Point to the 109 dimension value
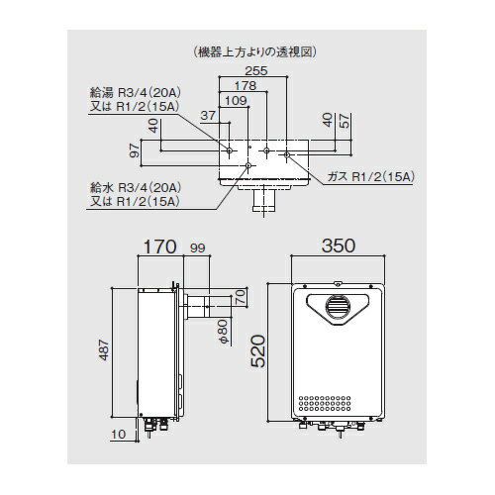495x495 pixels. coord(236,100)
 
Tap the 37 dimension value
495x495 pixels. coord(207,115)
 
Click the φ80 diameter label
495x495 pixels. coord(224,327)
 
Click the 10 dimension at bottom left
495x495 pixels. coord(119,433)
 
